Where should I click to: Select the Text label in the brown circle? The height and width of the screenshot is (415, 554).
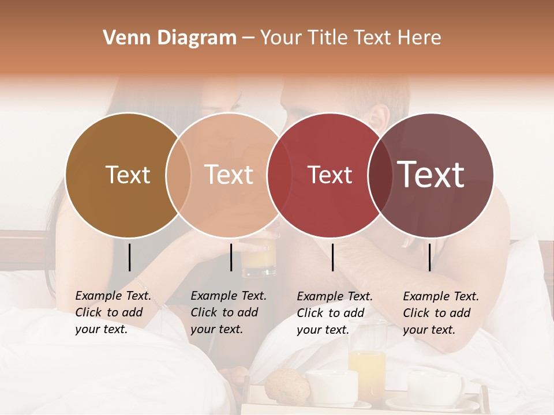click(x=128, y=175)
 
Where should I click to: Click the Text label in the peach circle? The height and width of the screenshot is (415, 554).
click(x=229, y=175)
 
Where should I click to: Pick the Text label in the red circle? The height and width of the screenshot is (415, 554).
click(x=330, y=175)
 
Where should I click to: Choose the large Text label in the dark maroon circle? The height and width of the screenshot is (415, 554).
click(x=431, y=175)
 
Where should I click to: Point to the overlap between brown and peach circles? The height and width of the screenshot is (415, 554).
click(x=178, y=175)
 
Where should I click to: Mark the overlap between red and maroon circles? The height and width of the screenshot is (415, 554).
click(x=380, y=175)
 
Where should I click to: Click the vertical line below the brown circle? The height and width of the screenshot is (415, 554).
click(x=129, y=257)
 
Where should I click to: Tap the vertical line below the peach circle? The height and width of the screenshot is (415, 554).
click(x=231, y=257)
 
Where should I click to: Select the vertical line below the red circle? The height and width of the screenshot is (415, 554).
click(x=332, y=257)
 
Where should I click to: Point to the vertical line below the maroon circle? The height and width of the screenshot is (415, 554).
click(x=429, y=257)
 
